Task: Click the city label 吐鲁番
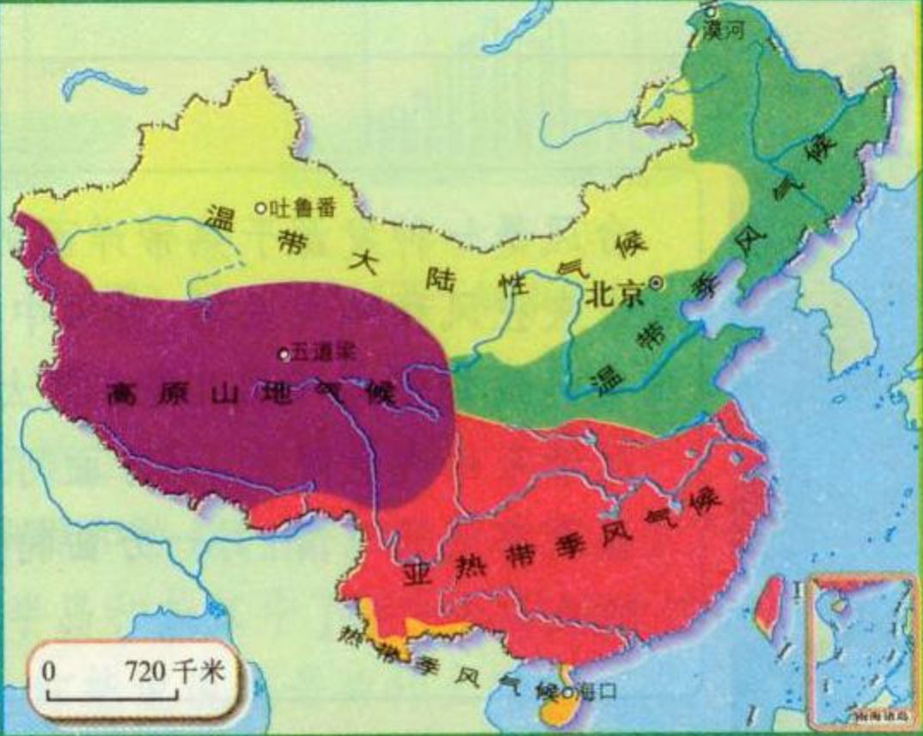pos(301,207)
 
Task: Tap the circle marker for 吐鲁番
pos(260,207)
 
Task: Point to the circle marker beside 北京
pos(657,282)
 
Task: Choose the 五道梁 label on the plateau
pos(323,351)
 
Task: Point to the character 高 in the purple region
pos(122,395)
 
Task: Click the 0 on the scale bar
pos(51,671)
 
